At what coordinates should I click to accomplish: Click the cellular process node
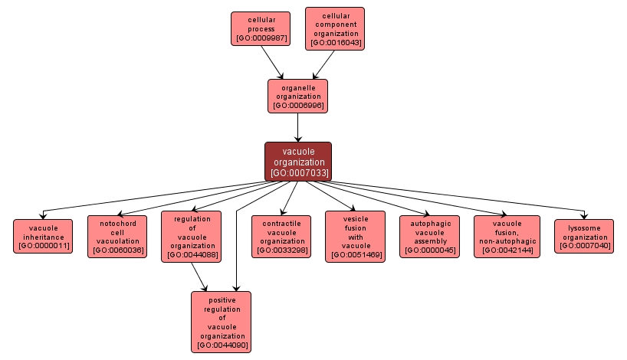coord(261,28)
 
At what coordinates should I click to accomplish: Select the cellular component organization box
coord(335,28)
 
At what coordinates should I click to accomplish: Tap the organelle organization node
coord(298,96)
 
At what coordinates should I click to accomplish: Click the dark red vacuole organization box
coord(298,162)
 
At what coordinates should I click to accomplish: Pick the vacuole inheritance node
coord(43,236)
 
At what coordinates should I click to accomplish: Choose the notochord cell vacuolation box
coord(117,236)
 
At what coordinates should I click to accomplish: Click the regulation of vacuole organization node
coord(192,236)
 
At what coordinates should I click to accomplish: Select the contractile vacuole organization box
coord(281,236)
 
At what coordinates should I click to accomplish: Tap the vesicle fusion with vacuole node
coord(355,236)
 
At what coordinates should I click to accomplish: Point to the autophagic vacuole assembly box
coord(430,236)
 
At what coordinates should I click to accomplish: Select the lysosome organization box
coord(583,236)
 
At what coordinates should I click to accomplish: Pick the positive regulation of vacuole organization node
coord(221,322)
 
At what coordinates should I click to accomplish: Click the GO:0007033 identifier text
coord(299,173)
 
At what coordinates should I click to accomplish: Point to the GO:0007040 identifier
coord(583,246)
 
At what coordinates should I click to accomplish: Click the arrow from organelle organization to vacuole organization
coord(297,127)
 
